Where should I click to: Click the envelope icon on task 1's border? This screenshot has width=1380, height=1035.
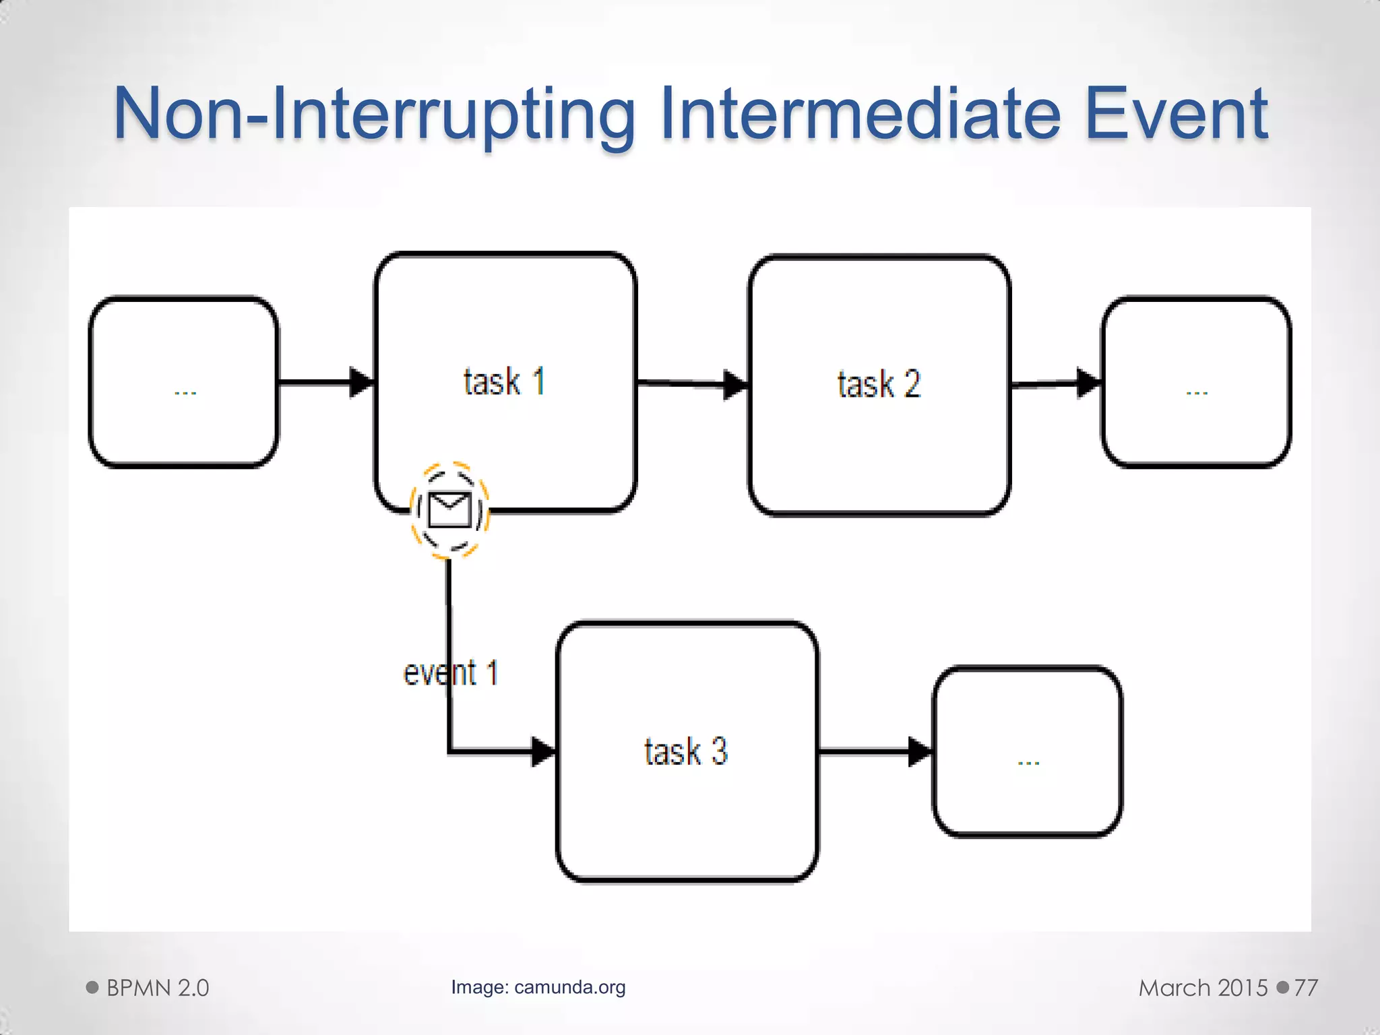(449, 509)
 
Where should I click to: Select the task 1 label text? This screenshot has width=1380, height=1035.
(503, 381)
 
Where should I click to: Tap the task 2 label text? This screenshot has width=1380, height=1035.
(879, 384)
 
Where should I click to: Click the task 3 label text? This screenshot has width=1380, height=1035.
(686, 751)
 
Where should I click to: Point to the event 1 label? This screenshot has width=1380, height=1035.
(450, 673)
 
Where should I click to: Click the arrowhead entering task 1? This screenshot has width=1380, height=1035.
(361, 383)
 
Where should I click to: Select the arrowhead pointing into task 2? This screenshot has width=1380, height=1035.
(735, 385)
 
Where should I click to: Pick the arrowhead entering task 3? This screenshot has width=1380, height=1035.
(543, 751)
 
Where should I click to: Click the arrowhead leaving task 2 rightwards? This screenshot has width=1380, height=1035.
(1088, 383)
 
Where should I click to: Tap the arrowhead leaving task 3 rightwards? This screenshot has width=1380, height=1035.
(920, 751)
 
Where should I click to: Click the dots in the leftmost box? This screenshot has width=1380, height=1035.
(185, 391)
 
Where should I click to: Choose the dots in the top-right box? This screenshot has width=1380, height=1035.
(1197, 391)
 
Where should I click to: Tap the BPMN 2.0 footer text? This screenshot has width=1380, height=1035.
(157, 988)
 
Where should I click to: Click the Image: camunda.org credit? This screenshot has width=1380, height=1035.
(538, 987)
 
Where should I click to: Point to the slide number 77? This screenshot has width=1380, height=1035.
(1305, 988)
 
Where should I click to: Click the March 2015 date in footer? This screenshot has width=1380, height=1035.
(1203, 988)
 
